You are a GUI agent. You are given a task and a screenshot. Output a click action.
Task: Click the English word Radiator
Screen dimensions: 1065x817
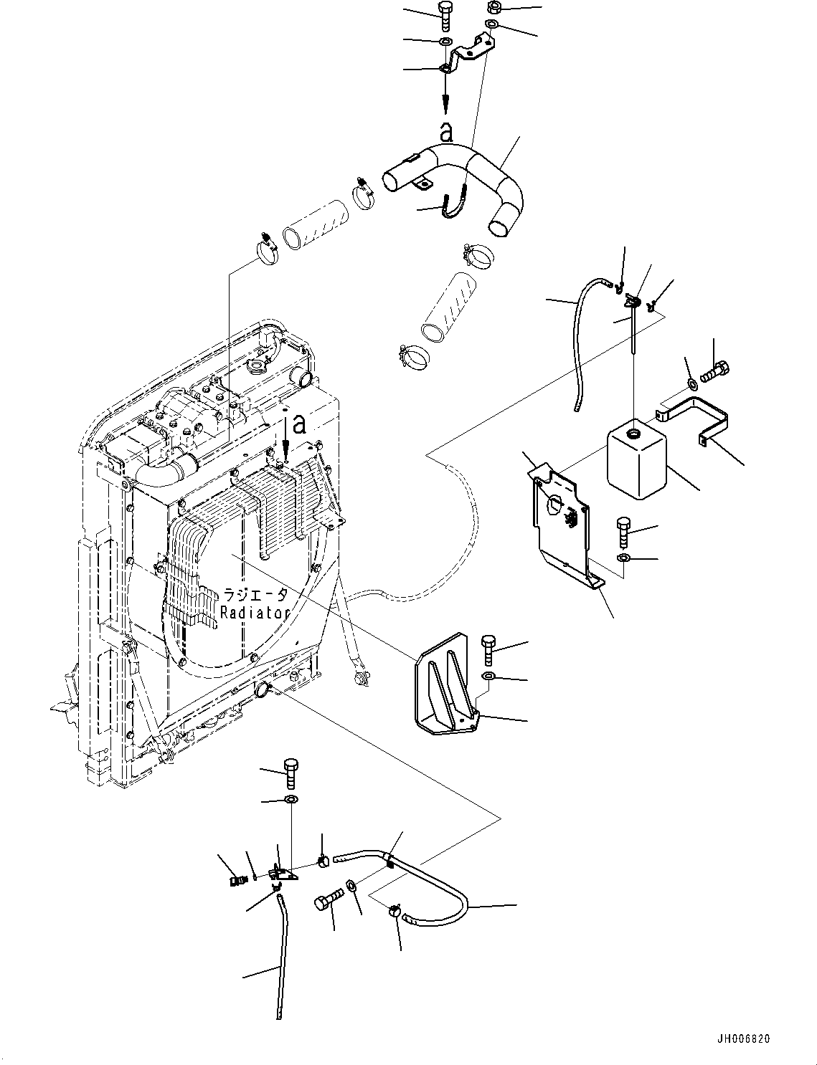255,613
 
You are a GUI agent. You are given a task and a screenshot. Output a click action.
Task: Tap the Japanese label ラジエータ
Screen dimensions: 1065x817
255,595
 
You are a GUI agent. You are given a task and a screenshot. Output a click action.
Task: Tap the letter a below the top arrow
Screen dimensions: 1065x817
446,131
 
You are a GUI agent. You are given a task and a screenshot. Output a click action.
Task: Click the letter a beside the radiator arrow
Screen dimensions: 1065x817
300,424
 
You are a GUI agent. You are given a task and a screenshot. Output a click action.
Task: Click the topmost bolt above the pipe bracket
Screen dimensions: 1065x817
444,15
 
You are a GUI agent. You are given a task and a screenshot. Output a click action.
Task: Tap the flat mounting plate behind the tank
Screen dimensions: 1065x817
563,516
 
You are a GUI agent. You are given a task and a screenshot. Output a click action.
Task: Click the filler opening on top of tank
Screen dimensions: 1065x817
634,434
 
